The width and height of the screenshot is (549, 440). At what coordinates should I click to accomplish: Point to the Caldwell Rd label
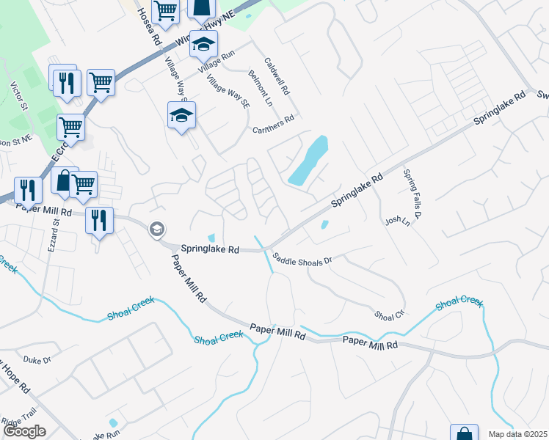(x=278, y=76)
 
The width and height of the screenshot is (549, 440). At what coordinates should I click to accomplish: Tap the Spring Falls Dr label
(x=410, y=194)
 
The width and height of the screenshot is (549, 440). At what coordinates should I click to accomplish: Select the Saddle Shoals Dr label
(x=302, y=259)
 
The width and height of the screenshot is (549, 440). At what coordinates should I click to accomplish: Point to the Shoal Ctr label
(x=390, y=315)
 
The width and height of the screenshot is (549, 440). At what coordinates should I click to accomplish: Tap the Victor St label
(x=18, y=96)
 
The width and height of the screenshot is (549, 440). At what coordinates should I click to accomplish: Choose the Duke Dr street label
(x=37, y=360)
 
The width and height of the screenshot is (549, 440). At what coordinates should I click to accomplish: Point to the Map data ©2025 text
(x=517, y=434)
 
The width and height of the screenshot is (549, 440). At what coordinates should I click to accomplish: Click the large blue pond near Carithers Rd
(x=309, y=161)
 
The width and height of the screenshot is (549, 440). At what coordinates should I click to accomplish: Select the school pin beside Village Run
(x=203, y=45)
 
